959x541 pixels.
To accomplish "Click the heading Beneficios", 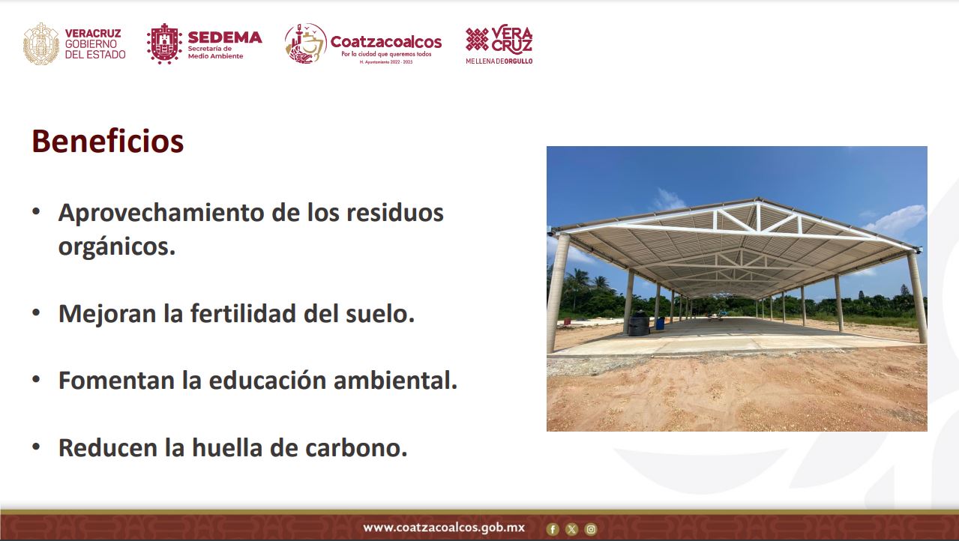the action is coord(107,141).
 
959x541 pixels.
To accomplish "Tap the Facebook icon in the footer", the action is coord(553,530).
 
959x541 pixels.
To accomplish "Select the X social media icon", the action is coord(571,530).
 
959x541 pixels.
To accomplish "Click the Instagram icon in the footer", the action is coord(591,530).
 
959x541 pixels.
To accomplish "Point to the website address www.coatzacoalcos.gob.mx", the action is coord(444,528).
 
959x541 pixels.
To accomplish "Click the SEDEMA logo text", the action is coord(225,37).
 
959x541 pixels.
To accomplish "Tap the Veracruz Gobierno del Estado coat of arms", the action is coord(41,43).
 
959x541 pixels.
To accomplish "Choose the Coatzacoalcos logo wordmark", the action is coord(386,42).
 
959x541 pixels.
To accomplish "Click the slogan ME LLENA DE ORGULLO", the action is coord(499,61).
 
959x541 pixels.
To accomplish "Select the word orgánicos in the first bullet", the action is coord(117,247).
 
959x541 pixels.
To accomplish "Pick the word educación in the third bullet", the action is coord(268,380).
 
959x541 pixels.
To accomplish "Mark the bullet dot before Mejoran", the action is coord(36,312).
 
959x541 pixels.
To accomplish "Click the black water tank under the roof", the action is coord(639,323).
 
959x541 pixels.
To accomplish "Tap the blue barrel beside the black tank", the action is coord(660,324).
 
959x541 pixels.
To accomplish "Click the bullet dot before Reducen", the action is coord(36,447).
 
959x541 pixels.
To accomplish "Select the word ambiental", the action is coord(396,380).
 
